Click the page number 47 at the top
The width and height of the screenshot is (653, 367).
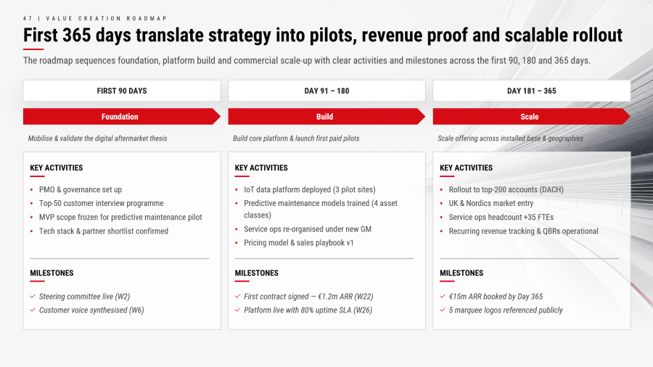[28, 18]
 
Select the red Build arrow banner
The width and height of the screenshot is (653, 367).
[326, 117]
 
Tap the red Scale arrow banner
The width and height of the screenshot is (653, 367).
[531, 117]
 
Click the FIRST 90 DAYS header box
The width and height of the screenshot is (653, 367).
[122, 91]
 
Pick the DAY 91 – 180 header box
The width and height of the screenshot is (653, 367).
[327, 91]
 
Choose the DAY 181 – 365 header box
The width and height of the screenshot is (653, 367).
[532, 91]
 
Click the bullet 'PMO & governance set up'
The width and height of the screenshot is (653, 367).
[81, 190]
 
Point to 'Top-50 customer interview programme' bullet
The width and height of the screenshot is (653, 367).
[101, 204]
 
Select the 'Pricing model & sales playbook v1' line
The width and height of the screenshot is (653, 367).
[299, 243]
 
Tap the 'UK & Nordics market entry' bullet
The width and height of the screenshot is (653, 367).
[491, 204]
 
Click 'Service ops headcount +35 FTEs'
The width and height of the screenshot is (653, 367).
[501, 217]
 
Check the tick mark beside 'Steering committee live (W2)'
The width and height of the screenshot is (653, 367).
[33, 296]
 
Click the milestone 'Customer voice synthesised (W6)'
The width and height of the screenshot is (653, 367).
[91, 310]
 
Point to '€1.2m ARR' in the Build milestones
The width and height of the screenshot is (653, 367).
[335, 297]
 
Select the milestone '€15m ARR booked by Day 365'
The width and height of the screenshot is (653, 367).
[496, 297]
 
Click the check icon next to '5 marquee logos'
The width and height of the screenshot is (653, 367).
[443, 310]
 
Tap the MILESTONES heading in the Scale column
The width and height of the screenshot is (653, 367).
[461, 273]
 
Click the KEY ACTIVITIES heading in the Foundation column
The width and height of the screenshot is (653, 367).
[56, 168]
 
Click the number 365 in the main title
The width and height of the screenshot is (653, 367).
[77, 36]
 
